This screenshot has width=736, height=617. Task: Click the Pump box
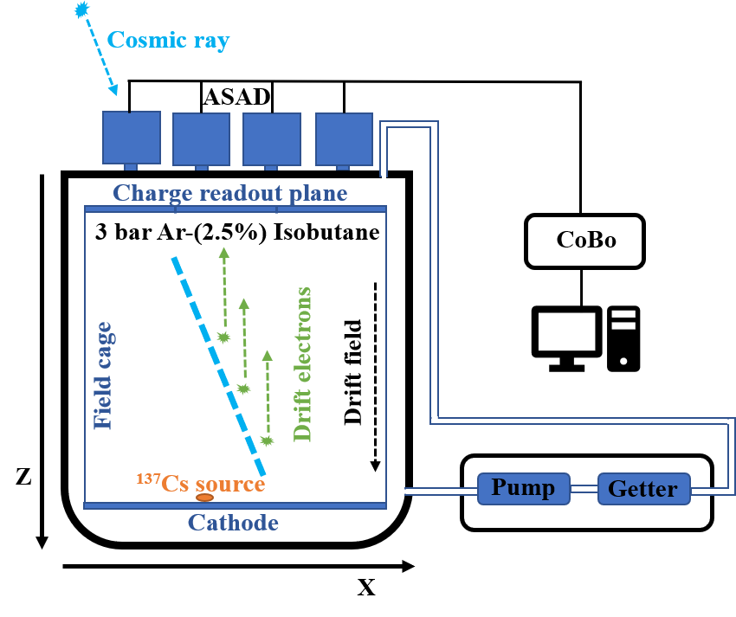(523, 488)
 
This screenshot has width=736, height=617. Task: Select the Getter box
(643, 489)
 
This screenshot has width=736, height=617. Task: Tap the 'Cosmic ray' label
(168, 40)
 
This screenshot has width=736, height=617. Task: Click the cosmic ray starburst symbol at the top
(81, 10)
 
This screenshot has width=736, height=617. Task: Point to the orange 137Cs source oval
(204, 498)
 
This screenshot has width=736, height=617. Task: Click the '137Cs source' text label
(201, 483)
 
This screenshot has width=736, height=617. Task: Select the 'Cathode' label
(233, 523)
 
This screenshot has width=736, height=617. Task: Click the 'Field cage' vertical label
(103, 376)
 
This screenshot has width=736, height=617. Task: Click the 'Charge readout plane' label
(229, 192)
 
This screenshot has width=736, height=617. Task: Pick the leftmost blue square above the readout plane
(132, 137)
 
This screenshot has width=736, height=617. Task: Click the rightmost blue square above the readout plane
(344, 138)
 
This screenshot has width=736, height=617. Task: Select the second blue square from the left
(201, 138)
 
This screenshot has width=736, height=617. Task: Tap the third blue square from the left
(271, 138)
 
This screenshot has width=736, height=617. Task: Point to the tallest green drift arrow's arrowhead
(224, 253)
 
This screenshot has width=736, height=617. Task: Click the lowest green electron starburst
(267, 441)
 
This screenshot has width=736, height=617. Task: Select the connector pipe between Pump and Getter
(584, 489)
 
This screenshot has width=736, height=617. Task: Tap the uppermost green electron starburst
(224, 337)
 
